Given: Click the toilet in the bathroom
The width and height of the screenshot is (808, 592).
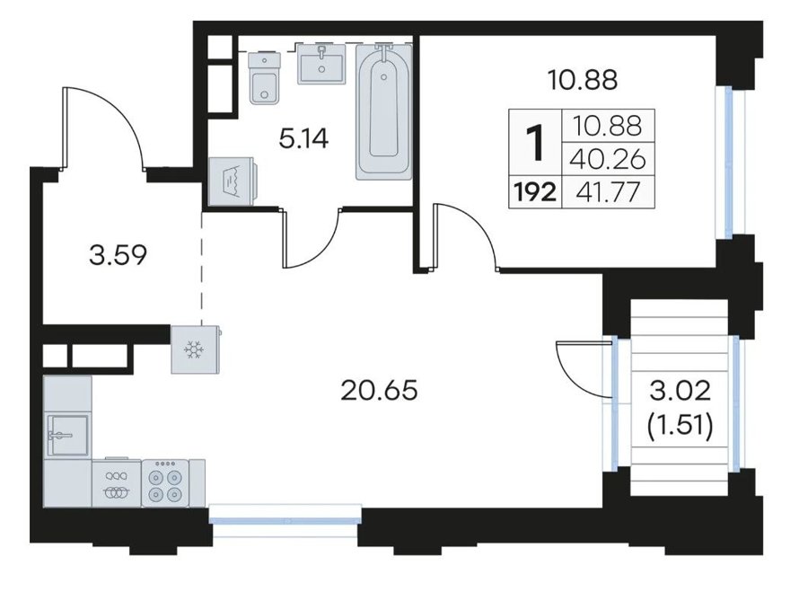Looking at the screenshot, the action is coord(265,77).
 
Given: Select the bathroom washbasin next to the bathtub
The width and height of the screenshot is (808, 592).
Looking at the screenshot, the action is coord(321,62).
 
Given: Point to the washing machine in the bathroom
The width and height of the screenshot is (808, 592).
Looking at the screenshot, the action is coord(233,181).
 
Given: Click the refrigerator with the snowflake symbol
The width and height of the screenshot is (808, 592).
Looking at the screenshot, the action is coord(196,349).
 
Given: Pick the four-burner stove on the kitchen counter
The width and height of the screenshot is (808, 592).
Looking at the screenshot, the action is coord(165,482).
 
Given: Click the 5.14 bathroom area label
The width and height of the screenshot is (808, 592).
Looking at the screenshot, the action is coord(303,138).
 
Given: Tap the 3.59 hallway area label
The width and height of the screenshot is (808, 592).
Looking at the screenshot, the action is coord(118,255).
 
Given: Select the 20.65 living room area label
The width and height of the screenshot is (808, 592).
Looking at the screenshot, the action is coord(379,391).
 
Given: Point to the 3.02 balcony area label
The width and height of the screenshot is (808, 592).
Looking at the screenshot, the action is coord(680,392).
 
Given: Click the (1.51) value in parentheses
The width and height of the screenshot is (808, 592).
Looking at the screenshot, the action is coord(681,428).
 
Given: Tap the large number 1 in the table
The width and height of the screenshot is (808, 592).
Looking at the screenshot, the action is coord(535,144).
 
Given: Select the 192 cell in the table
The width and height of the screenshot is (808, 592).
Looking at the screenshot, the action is coord(535,193).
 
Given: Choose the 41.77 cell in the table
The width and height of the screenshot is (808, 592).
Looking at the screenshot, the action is coord(608,193).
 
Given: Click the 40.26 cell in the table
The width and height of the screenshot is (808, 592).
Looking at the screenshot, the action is coord(608,160).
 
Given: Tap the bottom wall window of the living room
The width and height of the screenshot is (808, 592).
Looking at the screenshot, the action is coord(286,521).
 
